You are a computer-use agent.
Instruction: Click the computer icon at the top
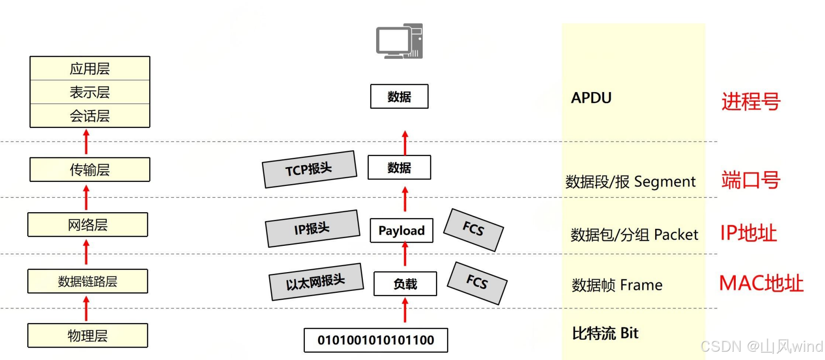click(399, 41)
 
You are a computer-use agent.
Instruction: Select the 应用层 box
click(90, 69)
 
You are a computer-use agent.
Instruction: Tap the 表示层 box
click(90, 92)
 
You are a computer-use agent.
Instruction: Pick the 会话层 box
click(90, 116)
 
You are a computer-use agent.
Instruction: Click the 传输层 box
click(90, 169)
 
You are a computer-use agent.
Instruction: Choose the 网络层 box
click(87, 225)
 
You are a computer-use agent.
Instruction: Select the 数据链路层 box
click(87, 281)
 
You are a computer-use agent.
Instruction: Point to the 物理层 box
click(87, 336)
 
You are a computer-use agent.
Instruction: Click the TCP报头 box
click(309, 169)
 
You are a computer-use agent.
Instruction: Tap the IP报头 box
click(313, 228)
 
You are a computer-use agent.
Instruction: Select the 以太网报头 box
click(316, 282)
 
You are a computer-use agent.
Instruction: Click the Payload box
click(401, 230)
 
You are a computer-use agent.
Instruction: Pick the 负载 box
click(405, 284)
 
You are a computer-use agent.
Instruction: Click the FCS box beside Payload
click(473, 229)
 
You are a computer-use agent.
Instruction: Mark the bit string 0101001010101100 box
click(376, 340)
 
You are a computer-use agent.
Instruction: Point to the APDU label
click(591, 98)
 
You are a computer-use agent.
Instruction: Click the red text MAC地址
click(761, 283)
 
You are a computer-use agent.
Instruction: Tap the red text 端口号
click(750, 180)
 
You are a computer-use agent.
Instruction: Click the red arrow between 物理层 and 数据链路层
click(86, 308)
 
